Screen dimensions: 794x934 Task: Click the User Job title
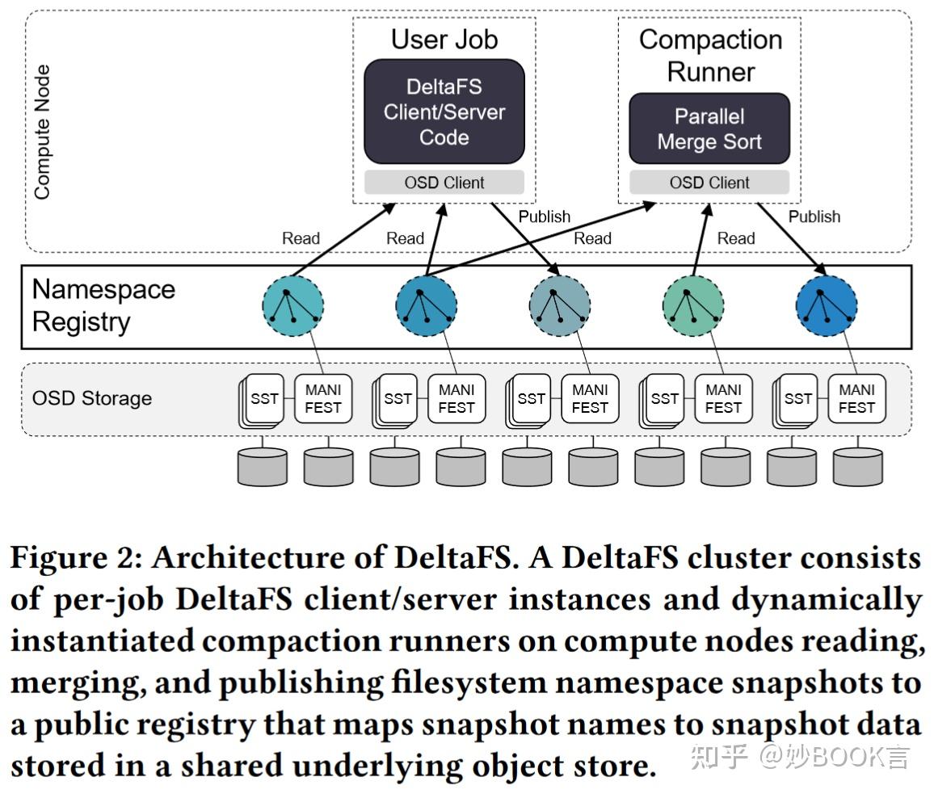[444, 40]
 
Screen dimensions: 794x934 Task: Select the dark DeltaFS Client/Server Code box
[444, 111]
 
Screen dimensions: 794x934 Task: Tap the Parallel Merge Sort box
[709, 129]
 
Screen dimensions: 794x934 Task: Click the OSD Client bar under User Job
[444, 183]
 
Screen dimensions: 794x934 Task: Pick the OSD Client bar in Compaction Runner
[709, 183]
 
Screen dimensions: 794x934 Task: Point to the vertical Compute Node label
[42, 132]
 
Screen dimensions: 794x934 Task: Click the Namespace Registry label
[103, 305]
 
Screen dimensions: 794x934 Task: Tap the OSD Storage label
[91, 398]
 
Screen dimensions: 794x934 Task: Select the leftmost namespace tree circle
[292, 306]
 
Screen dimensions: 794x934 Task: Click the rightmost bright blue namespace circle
[826, 306]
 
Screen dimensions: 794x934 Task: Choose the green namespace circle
[692, 306]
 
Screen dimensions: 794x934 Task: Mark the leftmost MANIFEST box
[322, 399]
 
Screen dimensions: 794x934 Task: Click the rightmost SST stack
[796, 400]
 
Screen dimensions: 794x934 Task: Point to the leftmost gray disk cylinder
[263, 466]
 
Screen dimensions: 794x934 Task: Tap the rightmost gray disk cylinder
[858, 466]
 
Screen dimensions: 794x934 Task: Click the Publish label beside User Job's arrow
[544, 216]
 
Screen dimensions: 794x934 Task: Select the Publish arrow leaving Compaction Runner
[791, 238]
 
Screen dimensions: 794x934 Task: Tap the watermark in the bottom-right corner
[801, 757]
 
